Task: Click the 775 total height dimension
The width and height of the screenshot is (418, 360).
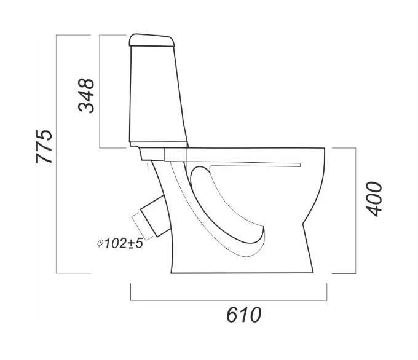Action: tap(44, 147)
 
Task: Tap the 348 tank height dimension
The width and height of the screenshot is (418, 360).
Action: tap(86, 96)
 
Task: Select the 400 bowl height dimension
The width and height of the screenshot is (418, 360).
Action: tap(374, 199)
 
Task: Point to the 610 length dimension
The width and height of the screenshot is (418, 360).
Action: tap(243, 315)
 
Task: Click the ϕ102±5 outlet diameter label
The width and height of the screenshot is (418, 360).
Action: tap(120, 243)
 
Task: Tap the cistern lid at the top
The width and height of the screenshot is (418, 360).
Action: tap(152, 41)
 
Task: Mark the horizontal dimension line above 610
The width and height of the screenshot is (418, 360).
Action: tap(229, 300)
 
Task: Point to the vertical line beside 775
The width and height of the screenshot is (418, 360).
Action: tap(57, 154)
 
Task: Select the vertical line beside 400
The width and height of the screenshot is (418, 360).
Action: tap(356, 211)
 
